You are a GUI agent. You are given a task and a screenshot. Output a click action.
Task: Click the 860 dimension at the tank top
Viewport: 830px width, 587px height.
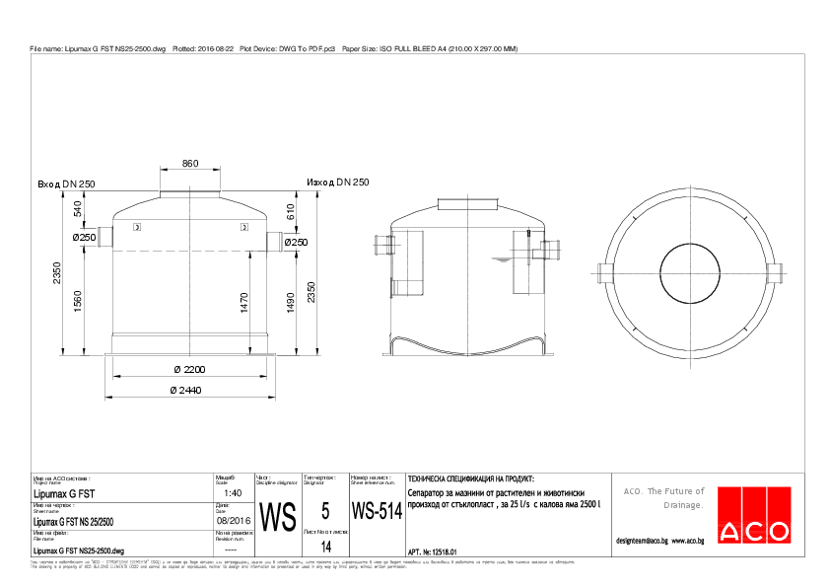[190, 164]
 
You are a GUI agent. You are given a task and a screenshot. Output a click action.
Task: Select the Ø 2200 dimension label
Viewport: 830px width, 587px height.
[189, 369]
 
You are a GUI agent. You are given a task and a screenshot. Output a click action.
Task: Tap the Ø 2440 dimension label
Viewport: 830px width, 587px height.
[189, 391]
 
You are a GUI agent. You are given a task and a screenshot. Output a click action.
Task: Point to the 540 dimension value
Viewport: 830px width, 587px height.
[78, 209]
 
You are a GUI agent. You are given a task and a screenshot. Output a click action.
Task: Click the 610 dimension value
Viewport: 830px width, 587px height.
[290, 212]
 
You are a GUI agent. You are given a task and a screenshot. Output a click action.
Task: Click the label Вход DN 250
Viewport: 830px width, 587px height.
[66, 184]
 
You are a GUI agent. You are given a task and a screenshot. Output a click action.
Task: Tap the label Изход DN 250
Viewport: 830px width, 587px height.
[337, 183]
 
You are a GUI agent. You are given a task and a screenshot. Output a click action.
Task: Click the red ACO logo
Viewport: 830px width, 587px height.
[754, 515]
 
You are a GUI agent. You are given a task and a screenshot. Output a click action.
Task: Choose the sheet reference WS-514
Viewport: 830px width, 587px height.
[377, 512]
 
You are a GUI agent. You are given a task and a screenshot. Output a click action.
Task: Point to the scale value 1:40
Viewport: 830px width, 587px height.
[233, 492]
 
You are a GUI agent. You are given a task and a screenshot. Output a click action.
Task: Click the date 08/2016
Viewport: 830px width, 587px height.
[233, 519]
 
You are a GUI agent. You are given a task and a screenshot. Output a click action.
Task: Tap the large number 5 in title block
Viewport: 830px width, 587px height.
[325, 511]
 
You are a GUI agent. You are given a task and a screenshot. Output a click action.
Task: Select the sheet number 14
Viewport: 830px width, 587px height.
[326, 547]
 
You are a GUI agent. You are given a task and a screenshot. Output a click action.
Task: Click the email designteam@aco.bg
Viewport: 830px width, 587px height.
[642, 541]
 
